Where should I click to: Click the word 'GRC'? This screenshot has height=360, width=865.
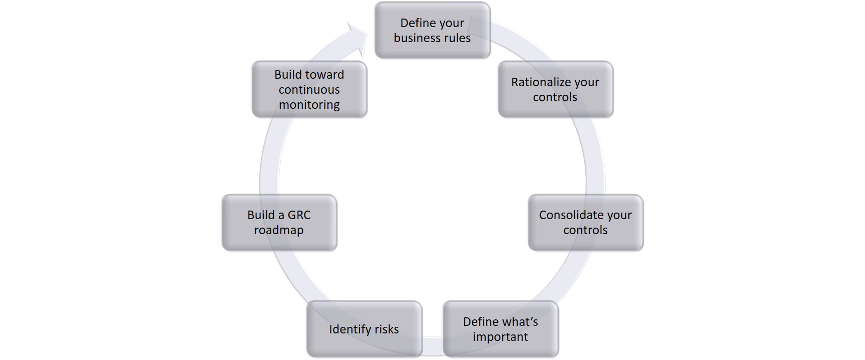point(299,215)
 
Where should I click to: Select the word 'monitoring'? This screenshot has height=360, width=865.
point(309,105)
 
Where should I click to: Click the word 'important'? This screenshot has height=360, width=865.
point(500,337)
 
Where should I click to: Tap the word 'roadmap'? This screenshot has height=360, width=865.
point(279,230)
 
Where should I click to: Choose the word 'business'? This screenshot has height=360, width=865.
point(417,38)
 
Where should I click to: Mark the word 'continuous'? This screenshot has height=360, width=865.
point(309,90)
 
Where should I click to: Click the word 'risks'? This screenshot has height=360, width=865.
point(386,329)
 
